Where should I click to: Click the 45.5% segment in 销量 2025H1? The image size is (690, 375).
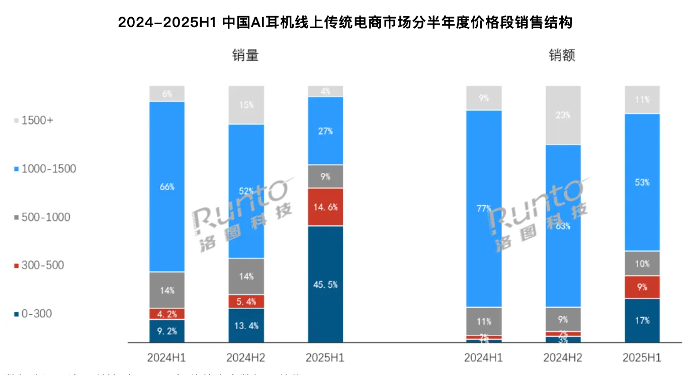click(325, 284)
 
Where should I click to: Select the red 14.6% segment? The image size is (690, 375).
click(325, 207)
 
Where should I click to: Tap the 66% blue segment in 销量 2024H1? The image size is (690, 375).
click(167, 186)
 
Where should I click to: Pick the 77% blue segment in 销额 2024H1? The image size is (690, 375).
click(483, 209)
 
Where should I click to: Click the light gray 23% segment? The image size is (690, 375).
click(563, 115)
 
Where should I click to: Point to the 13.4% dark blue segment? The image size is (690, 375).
click(246, 325)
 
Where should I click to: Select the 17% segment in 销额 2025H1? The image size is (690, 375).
click(642, 320)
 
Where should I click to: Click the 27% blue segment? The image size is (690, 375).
click(325, 131)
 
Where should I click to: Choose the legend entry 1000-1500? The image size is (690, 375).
click(45, 169)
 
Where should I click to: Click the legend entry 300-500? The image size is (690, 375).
click(39, 265)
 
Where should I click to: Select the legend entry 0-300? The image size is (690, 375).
click(33, 314)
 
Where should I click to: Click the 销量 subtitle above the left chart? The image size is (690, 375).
click(245, 55)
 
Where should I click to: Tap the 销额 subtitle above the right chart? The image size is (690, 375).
click(562, 55)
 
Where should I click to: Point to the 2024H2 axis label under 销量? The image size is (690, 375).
click(246, 358)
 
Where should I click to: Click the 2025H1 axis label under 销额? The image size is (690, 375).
click(642, 358)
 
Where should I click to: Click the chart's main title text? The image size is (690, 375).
click(345, 23)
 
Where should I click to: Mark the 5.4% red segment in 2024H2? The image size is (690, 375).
click(246, 302)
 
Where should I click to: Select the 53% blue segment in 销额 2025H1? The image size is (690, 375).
click(642, 182)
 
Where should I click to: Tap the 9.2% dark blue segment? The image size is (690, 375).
click(167, 331)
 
